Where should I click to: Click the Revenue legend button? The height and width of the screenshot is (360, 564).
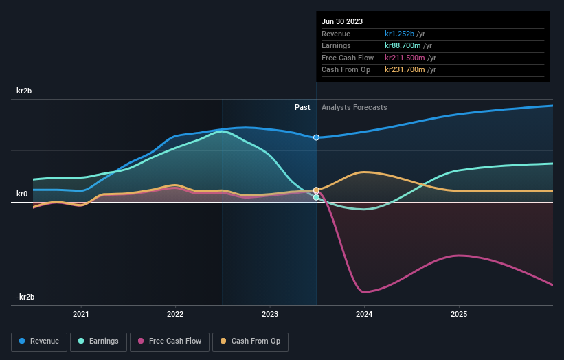click(40, 341)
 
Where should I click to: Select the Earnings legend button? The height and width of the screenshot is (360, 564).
click(98, 341)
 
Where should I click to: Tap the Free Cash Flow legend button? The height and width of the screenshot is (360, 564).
click(170, 341)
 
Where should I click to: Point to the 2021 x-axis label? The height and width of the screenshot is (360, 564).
click(81, 315)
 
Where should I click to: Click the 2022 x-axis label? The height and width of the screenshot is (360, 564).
click(175, 315)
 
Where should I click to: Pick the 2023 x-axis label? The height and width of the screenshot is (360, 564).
click(270, 315)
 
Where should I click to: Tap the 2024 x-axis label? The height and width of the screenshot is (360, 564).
click(364, 315)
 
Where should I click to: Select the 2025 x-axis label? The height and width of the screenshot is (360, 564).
click(459, 315)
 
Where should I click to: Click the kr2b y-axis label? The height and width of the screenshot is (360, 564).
click(24, 91)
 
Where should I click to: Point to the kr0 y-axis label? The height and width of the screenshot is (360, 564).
click(21, 194)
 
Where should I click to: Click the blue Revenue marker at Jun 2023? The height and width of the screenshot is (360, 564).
click(316, 137)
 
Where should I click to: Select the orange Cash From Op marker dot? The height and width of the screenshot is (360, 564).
click(316, 190)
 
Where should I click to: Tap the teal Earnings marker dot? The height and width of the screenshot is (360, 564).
click(316, 197)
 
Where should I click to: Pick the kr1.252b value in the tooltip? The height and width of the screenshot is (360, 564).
click(400, 34)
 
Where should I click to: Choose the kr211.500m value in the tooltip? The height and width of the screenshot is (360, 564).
click(405, 58)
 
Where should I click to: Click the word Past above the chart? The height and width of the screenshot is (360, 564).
click(302, 107)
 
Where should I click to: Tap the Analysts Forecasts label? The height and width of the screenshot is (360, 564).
click(354, 107)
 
